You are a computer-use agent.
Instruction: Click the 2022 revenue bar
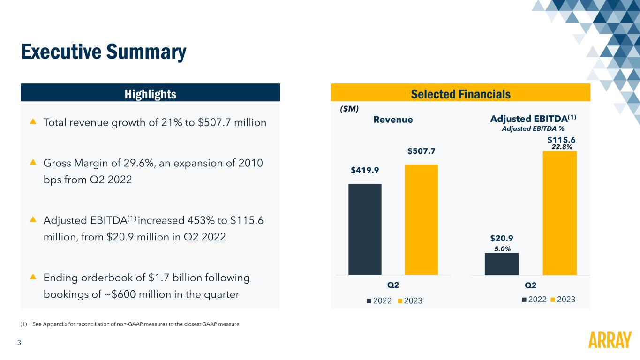[365, 229]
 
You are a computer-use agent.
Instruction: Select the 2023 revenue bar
[421, 219]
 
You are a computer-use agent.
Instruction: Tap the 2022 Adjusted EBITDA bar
[502, 264]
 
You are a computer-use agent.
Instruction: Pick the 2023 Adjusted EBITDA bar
[559, 213]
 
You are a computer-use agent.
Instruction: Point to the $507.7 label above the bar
[421, 151]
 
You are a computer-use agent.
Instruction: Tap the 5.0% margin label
[502, 249]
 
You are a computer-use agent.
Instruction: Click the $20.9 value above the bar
[501, 239]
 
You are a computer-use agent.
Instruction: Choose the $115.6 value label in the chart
[561, 140]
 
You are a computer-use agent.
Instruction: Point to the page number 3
[19, 343]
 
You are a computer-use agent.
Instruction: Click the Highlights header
[150, 94]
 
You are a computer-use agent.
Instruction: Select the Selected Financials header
[460, 94]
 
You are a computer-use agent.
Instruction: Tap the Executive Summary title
[104, 52]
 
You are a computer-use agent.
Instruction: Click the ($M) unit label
[349, 109]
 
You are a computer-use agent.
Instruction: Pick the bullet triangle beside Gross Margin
[33, 162]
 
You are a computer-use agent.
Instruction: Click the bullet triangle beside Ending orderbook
[33, 277]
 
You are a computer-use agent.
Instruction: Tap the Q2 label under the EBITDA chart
[530, 285]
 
